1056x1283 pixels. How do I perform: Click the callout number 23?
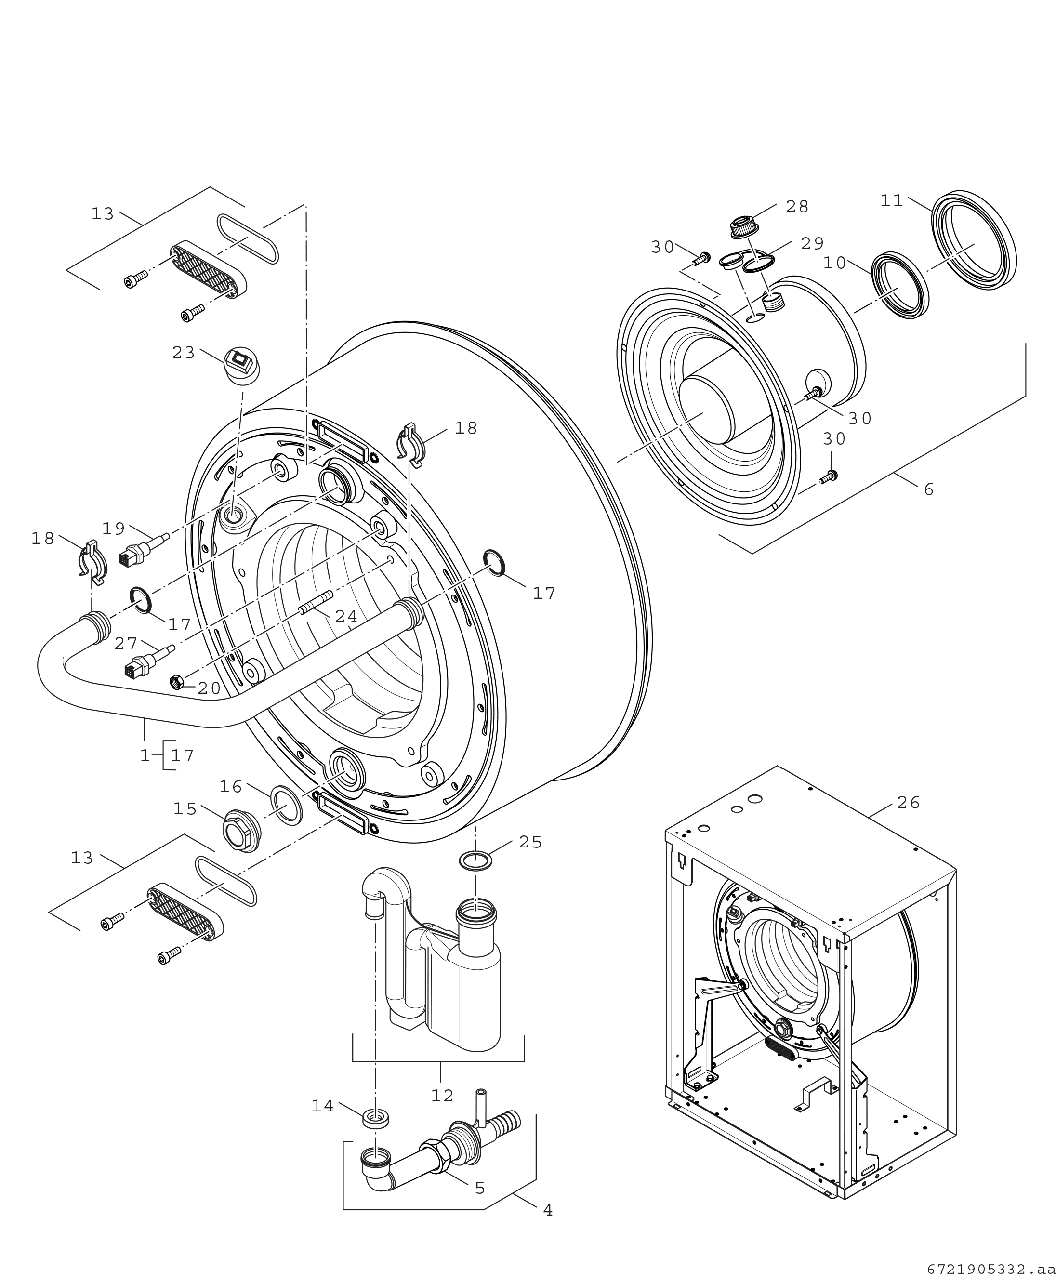183,352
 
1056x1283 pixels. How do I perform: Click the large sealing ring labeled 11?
973,241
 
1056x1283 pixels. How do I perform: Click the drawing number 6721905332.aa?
991,1269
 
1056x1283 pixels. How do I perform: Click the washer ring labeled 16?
286,805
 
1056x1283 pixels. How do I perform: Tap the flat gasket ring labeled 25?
475,861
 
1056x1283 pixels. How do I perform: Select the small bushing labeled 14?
375,1117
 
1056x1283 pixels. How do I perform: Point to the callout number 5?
480,1188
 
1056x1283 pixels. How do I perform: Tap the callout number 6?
928,489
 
